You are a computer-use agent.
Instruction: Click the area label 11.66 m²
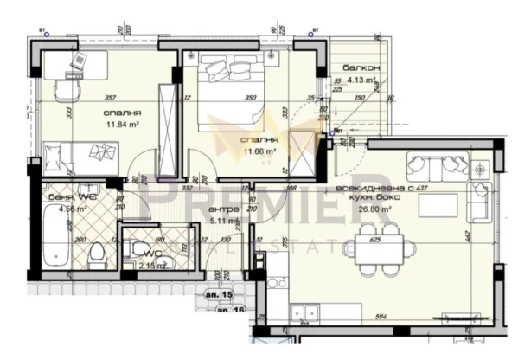[x=259, y=151]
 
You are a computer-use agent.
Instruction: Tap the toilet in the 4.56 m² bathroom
[x=96, y=254]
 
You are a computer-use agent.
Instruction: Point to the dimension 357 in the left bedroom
[x=110, y=99]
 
